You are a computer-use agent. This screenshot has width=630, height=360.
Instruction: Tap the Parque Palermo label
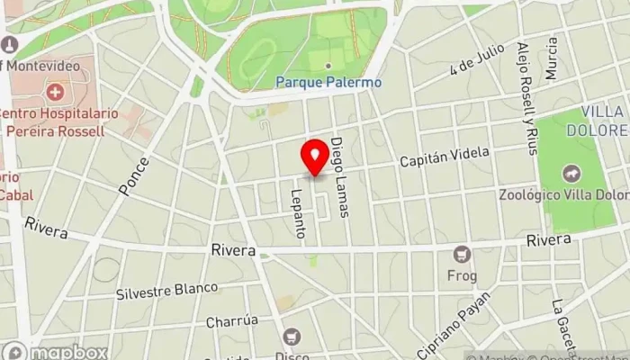(328, 82)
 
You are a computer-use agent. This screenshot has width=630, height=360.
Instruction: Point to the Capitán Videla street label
(445, 159)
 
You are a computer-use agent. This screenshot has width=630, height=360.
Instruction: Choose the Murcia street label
(552, 56)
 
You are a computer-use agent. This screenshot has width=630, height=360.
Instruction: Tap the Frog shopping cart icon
(462, 254)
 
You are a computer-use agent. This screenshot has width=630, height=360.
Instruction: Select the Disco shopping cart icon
(291, 337)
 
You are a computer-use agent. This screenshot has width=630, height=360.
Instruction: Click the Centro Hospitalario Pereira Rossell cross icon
(56, 92)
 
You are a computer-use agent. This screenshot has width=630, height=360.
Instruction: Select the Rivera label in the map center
(233, 249)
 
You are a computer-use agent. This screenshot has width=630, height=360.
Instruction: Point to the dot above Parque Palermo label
(328, 66)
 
